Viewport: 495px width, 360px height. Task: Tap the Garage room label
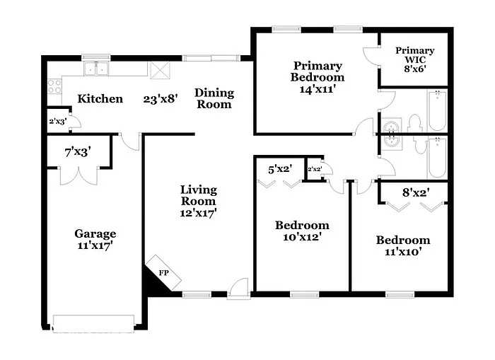95,234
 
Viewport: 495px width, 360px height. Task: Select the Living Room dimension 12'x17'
198,211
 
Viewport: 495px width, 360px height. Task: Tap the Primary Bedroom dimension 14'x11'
317,89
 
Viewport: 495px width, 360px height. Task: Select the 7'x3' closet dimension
77,152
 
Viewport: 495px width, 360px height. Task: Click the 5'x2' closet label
279,170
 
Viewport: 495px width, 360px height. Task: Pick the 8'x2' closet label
416,191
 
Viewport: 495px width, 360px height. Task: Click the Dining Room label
214,98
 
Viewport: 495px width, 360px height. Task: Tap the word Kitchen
100,99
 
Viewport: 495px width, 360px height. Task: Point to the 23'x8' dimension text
161,99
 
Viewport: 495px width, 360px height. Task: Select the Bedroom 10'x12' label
302,231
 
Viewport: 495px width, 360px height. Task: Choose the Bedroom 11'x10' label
402,246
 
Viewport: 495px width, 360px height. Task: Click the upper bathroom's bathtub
436,111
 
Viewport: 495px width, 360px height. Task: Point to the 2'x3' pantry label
57,121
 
